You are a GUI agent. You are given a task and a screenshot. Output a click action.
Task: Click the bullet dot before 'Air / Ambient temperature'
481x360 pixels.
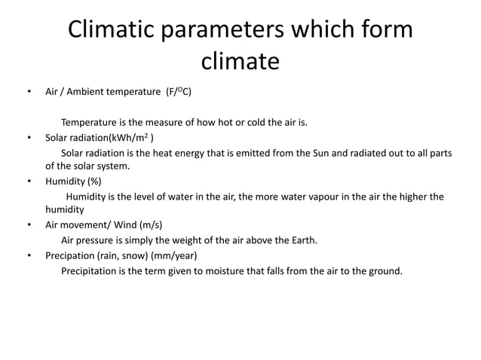(x=28, y=94)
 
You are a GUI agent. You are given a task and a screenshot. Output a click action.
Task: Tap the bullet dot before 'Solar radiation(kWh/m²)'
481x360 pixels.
(x=28, y=139)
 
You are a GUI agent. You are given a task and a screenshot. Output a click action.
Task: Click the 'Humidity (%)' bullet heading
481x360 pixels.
(x=73, y=182)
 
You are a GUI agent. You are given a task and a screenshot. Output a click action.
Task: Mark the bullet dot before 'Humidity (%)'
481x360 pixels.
(x=28, y=182)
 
